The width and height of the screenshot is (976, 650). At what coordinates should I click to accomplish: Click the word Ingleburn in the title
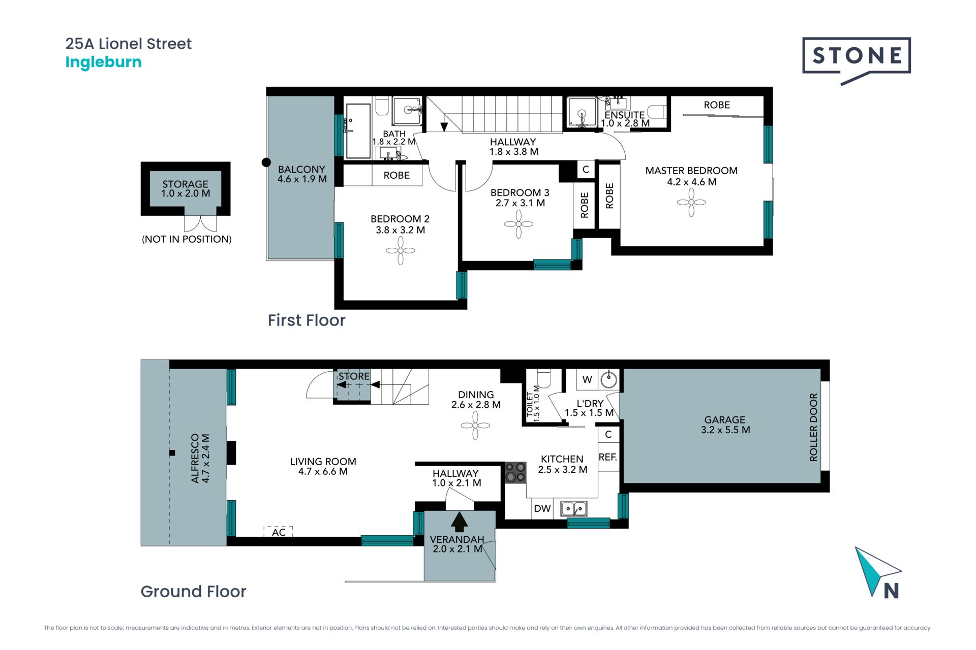click(104, 62)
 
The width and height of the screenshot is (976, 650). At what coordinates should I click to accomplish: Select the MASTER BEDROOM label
click(691, 171)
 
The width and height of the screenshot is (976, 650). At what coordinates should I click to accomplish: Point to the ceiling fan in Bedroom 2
click(401, 250)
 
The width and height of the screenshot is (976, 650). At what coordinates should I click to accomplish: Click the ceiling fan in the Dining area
click(475, 426)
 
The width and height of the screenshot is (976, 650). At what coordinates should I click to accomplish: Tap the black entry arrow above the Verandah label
click(460, 522)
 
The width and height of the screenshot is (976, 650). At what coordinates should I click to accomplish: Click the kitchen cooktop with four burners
click(515, 472)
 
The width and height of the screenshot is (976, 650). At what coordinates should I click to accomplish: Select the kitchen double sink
click(574, 508)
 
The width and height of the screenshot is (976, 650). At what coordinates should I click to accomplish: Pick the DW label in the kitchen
click(542, 508)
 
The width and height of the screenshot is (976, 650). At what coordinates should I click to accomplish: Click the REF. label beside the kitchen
click(608, 457)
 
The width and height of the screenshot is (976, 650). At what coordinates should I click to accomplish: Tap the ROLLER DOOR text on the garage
click(813, 427)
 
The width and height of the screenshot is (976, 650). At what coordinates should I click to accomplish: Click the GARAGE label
click(725, 420)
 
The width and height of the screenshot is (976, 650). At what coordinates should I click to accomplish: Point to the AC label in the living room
click(279, 532)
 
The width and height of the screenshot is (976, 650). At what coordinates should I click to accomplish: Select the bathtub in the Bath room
click(358, 131)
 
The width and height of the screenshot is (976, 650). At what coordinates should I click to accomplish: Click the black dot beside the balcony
click(266, 162)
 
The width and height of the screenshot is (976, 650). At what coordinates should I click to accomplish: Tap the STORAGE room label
click(186, 184)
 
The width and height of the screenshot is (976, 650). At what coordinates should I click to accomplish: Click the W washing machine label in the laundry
click(587, 379)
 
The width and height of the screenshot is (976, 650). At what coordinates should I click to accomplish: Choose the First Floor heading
click(307, 320)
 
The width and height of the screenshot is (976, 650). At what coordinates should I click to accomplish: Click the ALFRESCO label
click(195, 459)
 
